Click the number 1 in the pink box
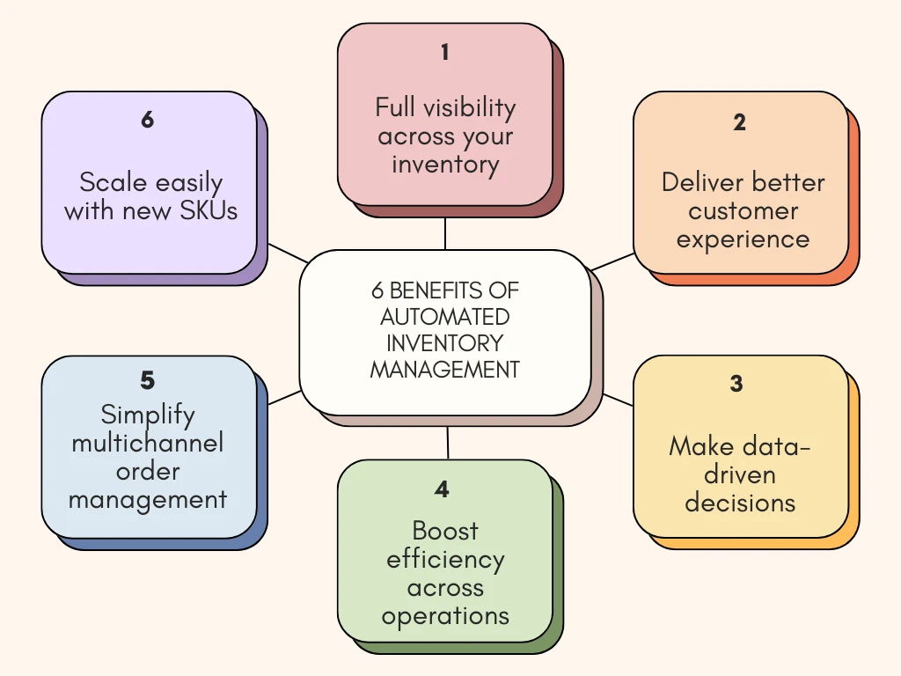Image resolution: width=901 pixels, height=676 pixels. click(x=444, y=53)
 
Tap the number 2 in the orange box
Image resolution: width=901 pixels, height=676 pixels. click(x=739, y=123)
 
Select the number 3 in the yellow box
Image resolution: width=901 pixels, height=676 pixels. click(x=736, y=385)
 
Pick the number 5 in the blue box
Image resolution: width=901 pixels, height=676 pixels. click(x=147, y=380)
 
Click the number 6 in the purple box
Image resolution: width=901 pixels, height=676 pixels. click(x=147, y=120)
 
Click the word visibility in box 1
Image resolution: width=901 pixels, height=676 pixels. click(x=470, y=107)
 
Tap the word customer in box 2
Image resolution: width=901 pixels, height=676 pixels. click(x=744, y=211)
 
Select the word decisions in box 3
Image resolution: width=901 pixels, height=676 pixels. click(x=740, y=503)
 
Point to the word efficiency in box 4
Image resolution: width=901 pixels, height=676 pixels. click(x=445, y=560)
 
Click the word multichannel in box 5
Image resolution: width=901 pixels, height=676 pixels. click(x=148, y=442)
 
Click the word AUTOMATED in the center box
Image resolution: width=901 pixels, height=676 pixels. click(x=445, y=316)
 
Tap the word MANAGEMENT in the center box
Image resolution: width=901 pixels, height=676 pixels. click(x=445, y=370)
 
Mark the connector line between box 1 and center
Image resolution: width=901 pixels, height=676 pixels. click(x=445, y=233)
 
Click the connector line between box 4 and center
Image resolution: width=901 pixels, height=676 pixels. click(x=448, y=443)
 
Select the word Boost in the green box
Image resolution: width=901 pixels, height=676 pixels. click(x=445, y=531)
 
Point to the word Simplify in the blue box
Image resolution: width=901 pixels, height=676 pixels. click(x=148, y=414)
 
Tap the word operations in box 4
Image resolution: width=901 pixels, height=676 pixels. click(x=445, y=616)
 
